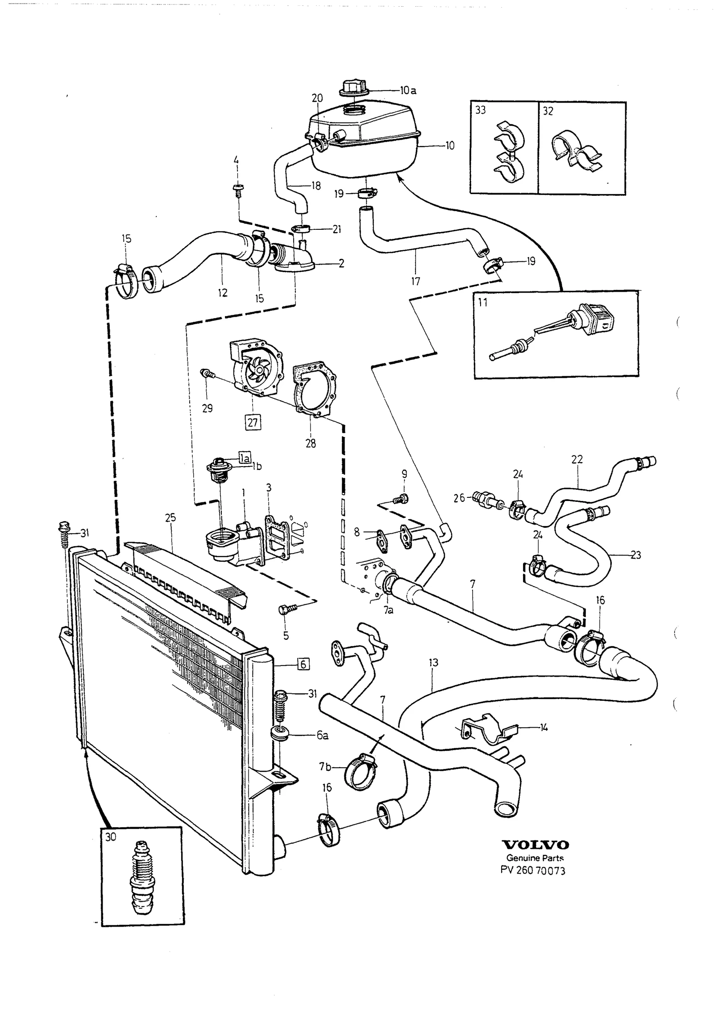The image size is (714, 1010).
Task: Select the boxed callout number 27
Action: coord(253,422)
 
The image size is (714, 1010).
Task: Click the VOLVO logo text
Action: coord(535,844)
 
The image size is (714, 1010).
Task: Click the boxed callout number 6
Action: coord(303,677)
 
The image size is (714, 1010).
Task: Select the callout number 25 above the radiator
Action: coord(170,518)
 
